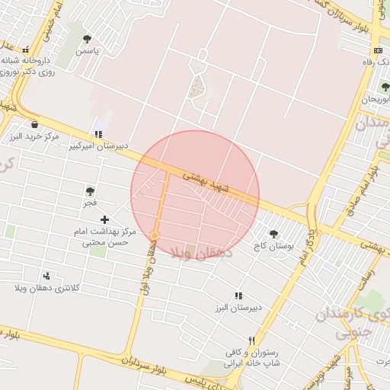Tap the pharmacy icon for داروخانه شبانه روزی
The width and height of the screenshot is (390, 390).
click(25, 49)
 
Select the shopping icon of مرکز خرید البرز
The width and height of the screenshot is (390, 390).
click(34, 124)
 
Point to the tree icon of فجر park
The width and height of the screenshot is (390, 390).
click(91, 192)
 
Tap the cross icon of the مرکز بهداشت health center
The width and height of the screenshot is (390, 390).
click(104, 219)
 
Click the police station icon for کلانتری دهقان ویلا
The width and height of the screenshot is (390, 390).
click(47, 276)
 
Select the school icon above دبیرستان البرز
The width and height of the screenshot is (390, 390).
click(239, 296)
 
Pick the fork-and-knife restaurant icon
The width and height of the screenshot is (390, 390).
click(251, 340)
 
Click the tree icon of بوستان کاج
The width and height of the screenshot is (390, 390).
click(274, 235)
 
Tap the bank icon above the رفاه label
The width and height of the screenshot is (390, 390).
click(379, 50)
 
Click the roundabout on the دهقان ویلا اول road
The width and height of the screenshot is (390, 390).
click(155, 234)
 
